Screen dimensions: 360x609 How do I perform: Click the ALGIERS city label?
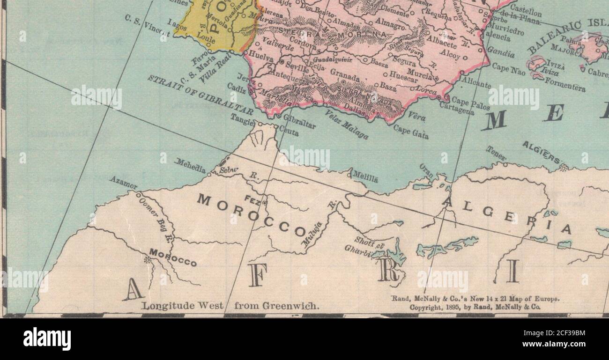point(542,152)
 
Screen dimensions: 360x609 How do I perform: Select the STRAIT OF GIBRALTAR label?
point(201,95)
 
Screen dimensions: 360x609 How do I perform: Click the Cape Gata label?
point(411,131)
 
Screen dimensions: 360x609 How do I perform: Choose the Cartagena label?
point(456,108)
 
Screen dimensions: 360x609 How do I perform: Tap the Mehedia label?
point(190,166)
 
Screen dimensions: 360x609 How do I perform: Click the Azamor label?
point(124,183)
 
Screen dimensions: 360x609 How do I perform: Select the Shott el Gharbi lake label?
point(363,246)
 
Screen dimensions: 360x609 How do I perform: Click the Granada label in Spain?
point(345,75)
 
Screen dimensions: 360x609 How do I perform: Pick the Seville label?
point(297,67)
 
